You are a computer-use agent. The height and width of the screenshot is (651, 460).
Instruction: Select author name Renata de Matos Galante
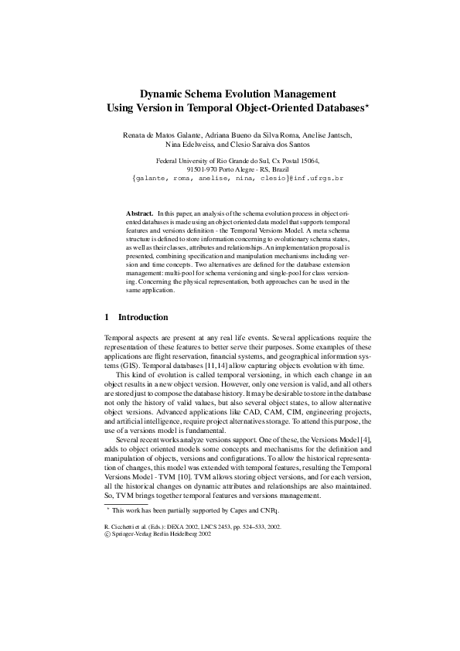165,135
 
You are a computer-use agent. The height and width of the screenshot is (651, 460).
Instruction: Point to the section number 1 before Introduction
106,317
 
